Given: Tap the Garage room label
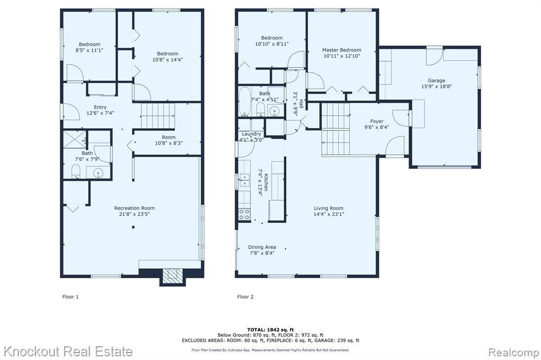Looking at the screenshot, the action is pyautogui.click(x=436, y=80).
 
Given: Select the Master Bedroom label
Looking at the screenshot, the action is pyautogui.click(x=342, y=50).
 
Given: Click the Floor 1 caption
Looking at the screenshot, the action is pyautogui.click(x=70, y=297).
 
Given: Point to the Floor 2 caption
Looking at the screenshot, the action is pyautogui.click(x=245, y=297).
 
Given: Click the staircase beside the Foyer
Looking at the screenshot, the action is pyautogui.click(x=335, y=129).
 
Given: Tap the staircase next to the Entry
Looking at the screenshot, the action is pyautogui.click(x=158, y=116).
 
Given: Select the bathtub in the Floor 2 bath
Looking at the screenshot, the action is pyautogui.click(x=245, y=102).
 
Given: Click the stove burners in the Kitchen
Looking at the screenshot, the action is pyautogui.click(x=245, y=214).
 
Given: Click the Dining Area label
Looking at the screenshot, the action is pyautogui.click(x=262, y=247).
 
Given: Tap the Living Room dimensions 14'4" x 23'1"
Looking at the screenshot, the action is pyautogui.click(x=329, y=214).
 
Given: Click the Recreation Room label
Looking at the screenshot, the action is pyautogui.click(x=134, y=208).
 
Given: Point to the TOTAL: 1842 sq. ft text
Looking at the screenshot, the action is pyautogui.click(x=270, y=330).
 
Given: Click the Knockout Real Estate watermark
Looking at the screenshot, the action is pyautogui.click(x=68, y=352).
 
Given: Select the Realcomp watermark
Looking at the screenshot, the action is pyautogui.click(x=514, y=353).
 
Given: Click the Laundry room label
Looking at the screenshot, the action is pyautogui.click(x=251, y=134).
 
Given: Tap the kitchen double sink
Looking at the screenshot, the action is pyautogui.click(x=245, y=177).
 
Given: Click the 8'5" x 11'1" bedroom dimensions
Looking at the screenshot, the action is pyautogui.click(x=89, y=50).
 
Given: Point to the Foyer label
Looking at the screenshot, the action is pyautogui.click(x=377, y=121).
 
